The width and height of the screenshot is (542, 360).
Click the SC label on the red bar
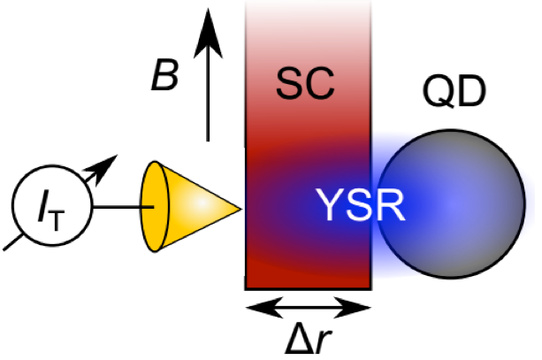point(305,83)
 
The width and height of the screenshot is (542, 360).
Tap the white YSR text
point(360,204)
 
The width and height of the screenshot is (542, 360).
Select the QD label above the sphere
point(454,92)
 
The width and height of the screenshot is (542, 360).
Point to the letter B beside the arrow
point(165,74)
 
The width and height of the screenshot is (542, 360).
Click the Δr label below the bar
point(308,338)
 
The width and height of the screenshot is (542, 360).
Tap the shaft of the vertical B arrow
point(208,100)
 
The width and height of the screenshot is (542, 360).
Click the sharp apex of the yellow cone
point(240,209)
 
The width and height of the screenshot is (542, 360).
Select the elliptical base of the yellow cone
point(154,206)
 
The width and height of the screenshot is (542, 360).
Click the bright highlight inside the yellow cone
point(201,204)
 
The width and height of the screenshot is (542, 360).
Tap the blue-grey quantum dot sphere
point(451,204)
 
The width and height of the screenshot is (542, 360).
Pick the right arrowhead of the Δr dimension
point(353,307)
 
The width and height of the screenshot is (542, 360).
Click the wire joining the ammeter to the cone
point(124,207)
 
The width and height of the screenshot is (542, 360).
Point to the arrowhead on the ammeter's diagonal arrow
point(103,168)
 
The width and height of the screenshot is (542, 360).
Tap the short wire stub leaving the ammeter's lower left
point(13,242)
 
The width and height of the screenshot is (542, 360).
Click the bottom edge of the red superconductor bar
point(309,287)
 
